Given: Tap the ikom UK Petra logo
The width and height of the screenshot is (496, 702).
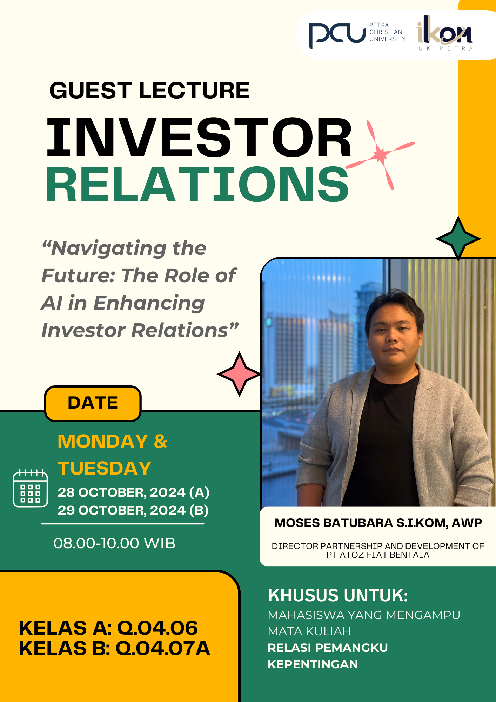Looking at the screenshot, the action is (x=445, y=33).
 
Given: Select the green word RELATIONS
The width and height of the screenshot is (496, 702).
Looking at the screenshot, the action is (x=197, y=184).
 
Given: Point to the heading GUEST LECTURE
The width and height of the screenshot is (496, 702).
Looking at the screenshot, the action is (x=150, y=91).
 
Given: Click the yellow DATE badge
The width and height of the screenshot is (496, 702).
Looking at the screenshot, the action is (x=93, y=403).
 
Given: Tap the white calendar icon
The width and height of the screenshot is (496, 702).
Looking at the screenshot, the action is (x=31, y=488).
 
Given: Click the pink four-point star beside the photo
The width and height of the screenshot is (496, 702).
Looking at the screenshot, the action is (x=239, y=374).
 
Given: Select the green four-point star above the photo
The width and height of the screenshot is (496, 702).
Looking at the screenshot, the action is (x=458, y=239).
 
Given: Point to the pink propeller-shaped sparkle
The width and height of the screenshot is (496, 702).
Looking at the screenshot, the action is (x=380, y=155).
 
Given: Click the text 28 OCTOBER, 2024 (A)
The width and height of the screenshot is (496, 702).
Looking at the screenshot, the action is (x=134, y=492).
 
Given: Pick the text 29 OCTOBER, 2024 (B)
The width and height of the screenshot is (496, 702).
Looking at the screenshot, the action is (x=133, y=510).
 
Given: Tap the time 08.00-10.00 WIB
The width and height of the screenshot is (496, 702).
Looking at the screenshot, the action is (x=114, y=543).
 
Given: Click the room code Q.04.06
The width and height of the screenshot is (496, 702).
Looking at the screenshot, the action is (x=157, y=628).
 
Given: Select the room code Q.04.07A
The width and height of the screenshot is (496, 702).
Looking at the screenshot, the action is (x=163, y=648).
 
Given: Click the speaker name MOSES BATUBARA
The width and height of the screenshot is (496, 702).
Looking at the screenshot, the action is (x=334, y=523).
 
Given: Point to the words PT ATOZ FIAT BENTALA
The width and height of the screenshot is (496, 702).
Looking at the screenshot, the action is (x=378, y=555).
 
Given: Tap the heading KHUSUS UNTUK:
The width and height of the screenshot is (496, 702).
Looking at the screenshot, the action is (x=338, y=595).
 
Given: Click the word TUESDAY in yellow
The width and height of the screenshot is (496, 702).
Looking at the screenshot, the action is (x=105, y=468).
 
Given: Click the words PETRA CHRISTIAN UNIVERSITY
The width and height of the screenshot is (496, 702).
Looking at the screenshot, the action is (x=387, y=32).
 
